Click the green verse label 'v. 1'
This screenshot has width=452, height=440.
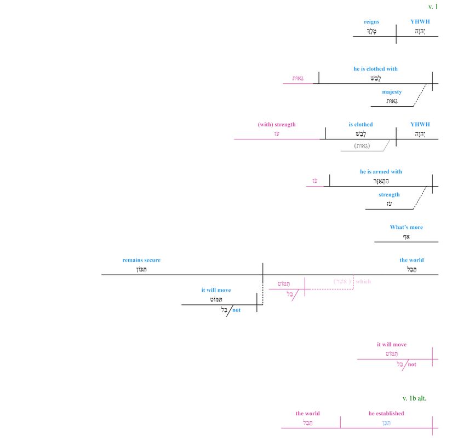(x=433, y=7)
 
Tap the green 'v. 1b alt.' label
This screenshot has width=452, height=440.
(x=414, y=398)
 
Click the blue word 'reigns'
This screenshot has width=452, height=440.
(x=371, y=22)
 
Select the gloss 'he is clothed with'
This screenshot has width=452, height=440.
(x=375, y=69)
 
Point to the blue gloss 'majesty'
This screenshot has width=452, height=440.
(x=392, y=92)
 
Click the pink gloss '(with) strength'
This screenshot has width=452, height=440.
(x=277, y=124)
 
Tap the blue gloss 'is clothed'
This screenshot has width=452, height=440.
(x=361, y=124)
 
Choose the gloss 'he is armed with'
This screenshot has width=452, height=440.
(x=381, y=171)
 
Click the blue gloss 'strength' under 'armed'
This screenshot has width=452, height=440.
(x=389, y=194)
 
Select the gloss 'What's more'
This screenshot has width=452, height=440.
(x=406, y=227)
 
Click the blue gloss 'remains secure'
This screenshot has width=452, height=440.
(x=141, y=260)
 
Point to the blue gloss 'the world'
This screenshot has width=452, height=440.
(x=411, y=260)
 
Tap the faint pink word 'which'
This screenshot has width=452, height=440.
(x=363, y=281)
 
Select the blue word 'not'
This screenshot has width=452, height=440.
(x=237, y=310)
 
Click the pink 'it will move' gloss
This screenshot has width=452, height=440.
(x=392, y=344)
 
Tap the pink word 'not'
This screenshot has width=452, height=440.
(x=412, y=364)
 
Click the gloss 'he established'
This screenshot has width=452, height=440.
(x=386, y=413)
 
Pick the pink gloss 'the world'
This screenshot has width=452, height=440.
(x=307, y=413)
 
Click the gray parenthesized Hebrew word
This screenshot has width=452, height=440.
(x=362, y=146)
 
